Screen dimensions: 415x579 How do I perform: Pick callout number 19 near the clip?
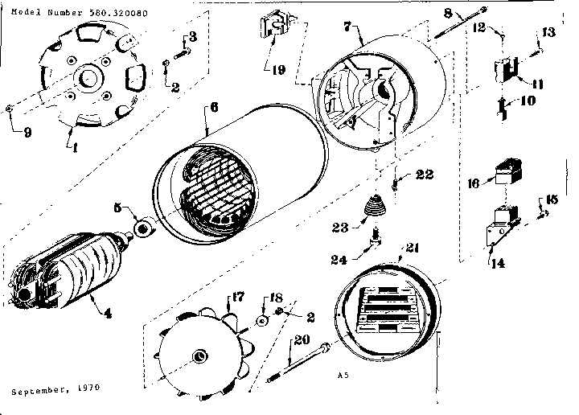tap(277, 69)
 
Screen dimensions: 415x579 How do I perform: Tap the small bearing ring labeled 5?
tap(145, 230)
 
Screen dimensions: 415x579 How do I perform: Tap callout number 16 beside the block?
tap(474, 183)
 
